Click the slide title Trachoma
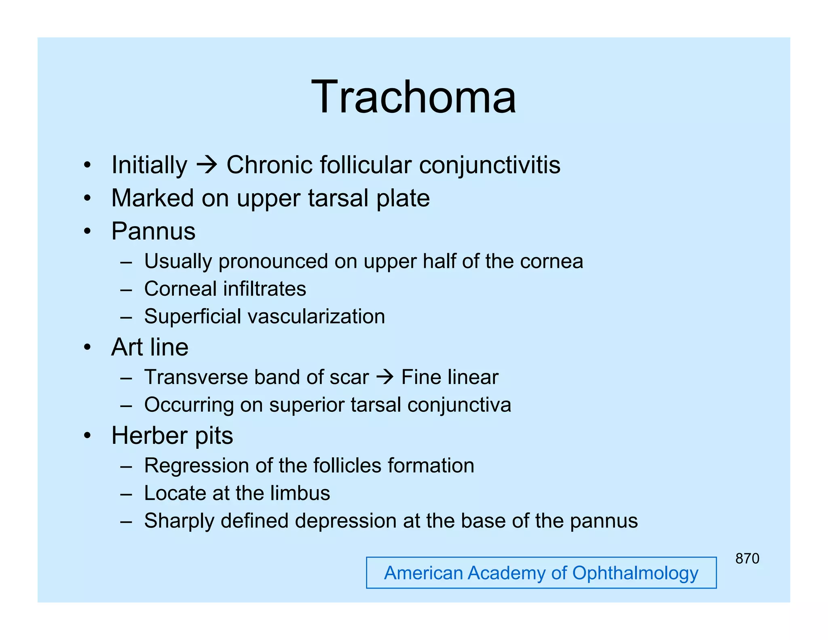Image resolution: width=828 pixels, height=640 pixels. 413,97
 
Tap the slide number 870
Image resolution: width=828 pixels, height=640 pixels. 747,559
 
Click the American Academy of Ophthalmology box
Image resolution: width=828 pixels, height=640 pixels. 541,573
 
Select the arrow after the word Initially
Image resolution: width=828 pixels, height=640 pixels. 207,165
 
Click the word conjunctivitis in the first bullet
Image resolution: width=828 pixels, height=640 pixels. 490,165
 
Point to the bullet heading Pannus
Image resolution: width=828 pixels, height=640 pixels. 153,231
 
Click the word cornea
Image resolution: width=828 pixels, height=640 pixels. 551,261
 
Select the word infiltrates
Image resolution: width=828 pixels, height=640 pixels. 264,289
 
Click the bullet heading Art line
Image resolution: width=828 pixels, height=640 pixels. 150,347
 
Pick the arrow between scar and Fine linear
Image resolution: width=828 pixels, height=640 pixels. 384,377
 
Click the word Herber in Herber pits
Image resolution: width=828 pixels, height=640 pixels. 149,436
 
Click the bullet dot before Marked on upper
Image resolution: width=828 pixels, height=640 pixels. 87,198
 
